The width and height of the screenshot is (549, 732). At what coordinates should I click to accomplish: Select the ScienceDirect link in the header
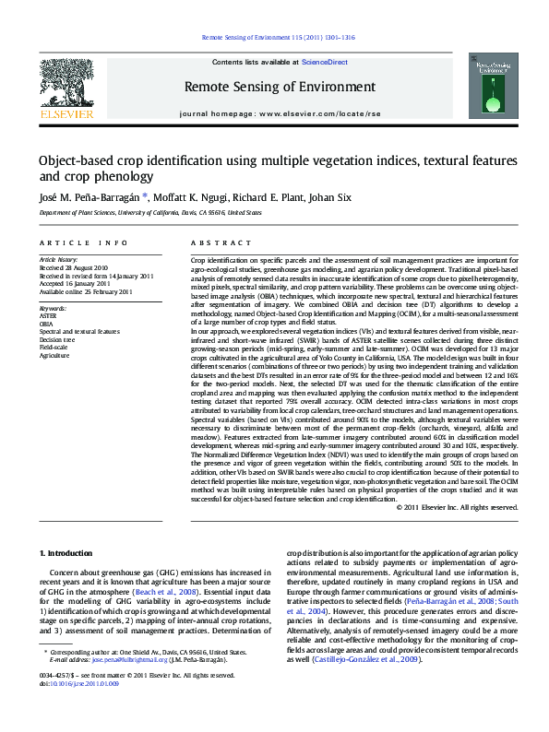(x=325, y=63)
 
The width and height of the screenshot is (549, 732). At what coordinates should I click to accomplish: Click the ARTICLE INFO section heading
(x=83, y=242)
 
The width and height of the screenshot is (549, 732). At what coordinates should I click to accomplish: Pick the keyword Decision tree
(x=58, y=338)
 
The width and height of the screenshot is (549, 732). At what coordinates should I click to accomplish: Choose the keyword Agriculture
(x=54, y=353)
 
